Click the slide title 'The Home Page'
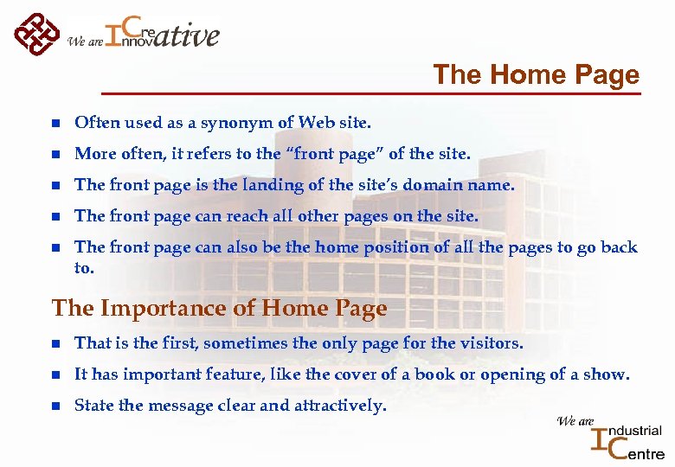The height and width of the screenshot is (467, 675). [x=536, y=75]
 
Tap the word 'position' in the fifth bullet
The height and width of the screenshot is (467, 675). [x=395, y=247]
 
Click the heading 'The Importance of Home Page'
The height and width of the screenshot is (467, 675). [x=219, y=309]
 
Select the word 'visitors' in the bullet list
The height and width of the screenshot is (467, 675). [x=487, y=343]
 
